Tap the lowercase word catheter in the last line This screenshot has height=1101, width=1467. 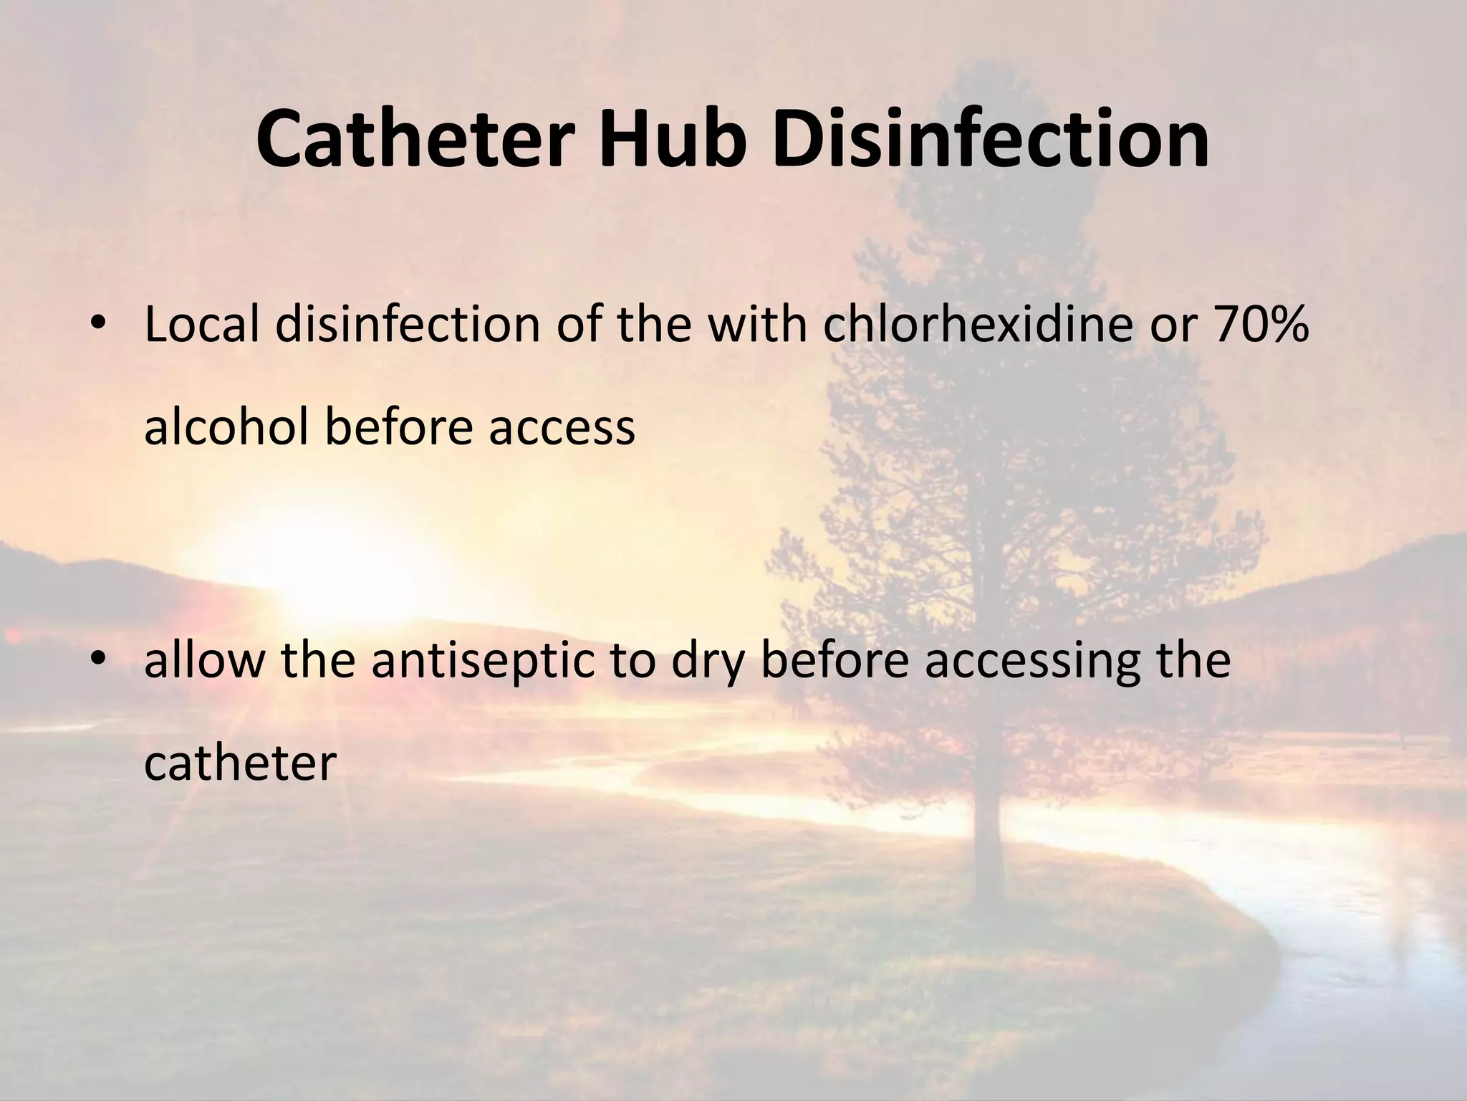click(240, 763)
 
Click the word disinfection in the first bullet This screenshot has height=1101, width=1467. click(407, 324)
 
